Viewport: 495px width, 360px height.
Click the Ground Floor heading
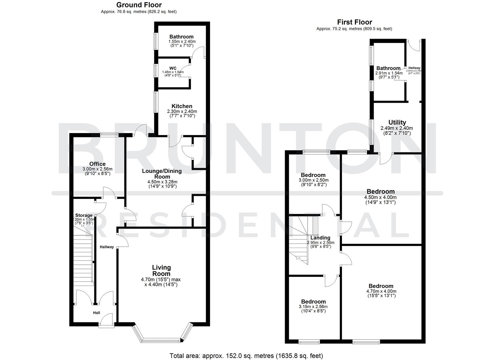(139, 5)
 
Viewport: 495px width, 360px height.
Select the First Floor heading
(354, 22)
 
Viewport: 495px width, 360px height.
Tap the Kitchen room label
(182, 106)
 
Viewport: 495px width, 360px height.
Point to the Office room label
(97, 164)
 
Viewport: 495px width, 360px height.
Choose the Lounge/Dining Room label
(162, 174)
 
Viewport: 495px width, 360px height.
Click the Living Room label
(161, 270)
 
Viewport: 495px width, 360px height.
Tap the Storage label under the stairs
(84, 215)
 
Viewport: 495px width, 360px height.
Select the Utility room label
(397, 122)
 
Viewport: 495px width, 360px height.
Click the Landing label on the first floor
(320, 238)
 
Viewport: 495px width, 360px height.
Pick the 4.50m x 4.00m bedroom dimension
(380, 197)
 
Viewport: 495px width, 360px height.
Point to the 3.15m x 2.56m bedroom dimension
(313, 307)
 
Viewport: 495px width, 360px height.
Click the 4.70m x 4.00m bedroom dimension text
(381, 291)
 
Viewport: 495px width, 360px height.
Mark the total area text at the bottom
(246, 356)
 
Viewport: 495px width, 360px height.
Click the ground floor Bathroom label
(181, 37)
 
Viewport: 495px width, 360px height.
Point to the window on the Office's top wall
(110, 135)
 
